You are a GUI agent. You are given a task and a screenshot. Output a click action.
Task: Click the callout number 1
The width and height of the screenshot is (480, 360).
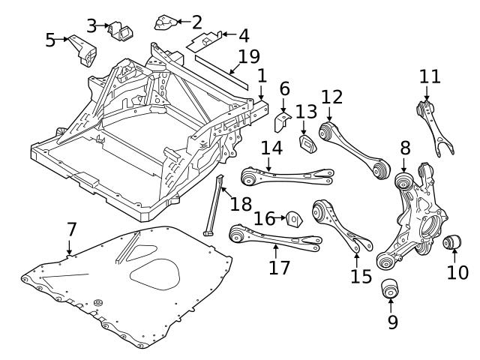point(261,76)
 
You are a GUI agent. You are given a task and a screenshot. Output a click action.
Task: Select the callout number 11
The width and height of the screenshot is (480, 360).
point(429,77)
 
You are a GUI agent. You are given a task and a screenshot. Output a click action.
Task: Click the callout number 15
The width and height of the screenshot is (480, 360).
point(360,276)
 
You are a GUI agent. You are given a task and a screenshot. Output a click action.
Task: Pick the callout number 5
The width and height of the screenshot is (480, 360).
point(50,40)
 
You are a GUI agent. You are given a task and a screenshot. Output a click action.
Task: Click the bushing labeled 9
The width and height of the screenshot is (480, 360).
point(390,288)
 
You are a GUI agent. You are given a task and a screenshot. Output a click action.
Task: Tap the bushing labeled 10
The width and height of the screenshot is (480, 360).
point(452,243)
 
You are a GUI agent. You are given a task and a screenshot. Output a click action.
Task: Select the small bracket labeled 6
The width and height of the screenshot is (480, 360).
point(284,121)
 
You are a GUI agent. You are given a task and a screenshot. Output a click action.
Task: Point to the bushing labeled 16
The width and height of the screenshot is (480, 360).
point(293,218)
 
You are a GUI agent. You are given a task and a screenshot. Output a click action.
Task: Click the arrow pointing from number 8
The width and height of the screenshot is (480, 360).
point(405,166)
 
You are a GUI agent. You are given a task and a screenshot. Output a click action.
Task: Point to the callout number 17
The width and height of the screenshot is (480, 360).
point(279,267)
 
